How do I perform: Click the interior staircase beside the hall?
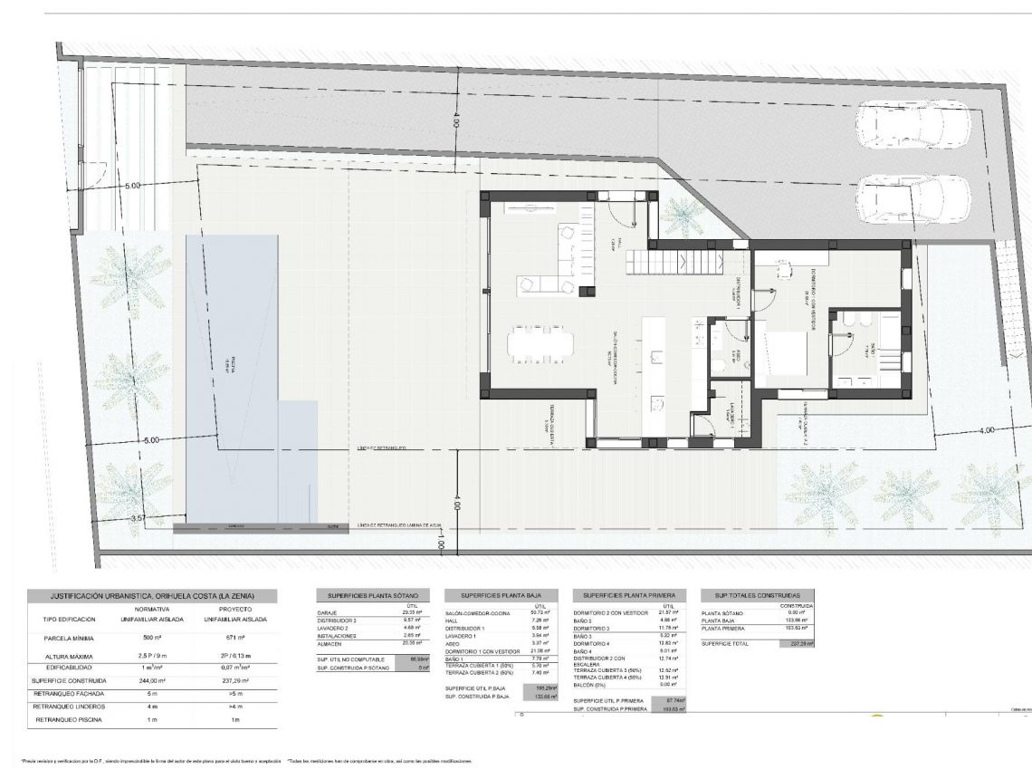675,262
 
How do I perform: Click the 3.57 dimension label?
138,518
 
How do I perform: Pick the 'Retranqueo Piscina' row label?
68,719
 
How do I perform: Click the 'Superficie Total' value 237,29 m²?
796,643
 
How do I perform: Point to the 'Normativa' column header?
145,610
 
